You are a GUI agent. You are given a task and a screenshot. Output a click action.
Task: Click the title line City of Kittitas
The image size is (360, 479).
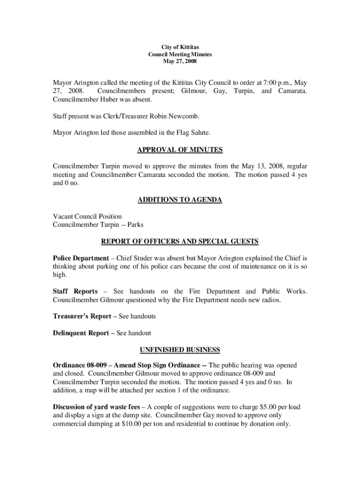coord(180,48)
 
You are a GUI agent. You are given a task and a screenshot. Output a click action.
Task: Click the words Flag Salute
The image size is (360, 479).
coord(193,133)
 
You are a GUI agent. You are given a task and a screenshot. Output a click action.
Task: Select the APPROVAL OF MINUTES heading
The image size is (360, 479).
coord(180,150)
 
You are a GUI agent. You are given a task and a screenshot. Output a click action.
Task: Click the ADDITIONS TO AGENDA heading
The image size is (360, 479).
coord(180,200)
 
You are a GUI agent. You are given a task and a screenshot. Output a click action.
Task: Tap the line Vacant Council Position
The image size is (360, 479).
coord(87,217)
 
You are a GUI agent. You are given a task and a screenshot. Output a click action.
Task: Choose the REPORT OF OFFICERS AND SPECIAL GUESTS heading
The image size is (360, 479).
coord(180,241)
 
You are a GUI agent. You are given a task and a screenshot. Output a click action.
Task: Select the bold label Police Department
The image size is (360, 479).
coord(81,258)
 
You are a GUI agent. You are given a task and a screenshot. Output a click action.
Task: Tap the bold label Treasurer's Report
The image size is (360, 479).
coord(82,316)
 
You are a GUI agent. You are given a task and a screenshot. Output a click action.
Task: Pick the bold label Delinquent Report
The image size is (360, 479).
coord(82,333)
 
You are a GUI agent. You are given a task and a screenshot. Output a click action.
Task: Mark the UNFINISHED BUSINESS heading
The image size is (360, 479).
coord(180,350)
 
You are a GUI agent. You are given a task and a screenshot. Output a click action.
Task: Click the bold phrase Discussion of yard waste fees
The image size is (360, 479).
coord(96,407)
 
